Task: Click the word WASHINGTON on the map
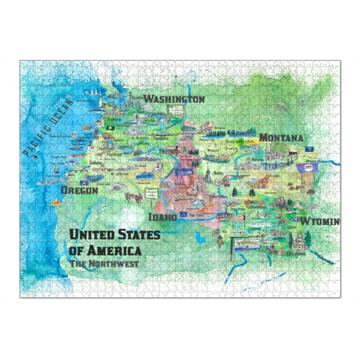pos(175,99)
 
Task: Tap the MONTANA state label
pos(281,138)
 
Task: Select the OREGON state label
pos(79,190)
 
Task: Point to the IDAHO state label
pos(163,217)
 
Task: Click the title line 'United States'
pos(114,235)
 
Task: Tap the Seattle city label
pos(137,98)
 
